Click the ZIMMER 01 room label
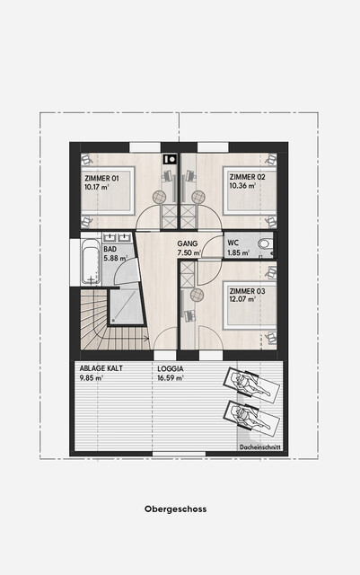click(102, 179)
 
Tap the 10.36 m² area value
click(242, 186)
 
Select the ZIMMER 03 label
click(247, 291)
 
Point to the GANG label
click(188, 243)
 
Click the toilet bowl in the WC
click(264, 243)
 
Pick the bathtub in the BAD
click(91, 261)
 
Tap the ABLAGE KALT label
click(101, 368)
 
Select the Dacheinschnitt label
click(260, 447)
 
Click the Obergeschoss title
click(175, 509)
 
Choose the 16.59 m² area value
click(171, 378)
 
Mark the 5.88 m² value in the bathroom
click(116, 258)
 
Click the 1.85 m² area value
click(238, 252)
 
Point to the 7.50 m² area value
click(189, 252)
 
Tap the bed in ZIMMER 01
click(108, 190)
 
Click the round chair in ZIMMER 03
click(197, 295)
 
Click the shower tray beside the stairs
click(126, 306)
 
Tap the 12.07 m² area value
click(242, 299)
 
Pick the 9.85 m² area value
click(92, 378)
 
